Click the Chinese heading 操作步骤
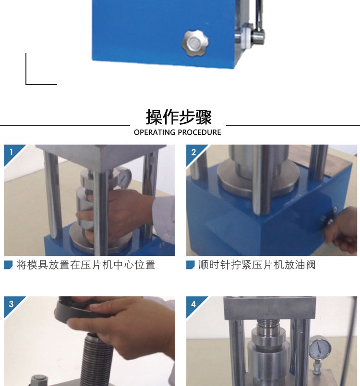click(179, 117)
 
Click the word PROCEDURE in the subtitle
click(199, 132)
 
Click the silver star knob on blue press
click(195, 43)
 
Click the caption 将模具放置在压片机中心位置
click(86, 265)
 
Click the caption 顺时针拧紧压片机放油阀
click(257, 265)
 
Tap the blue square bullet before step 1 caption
click(8, 265)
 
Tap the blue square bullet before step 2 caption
click(191, 265)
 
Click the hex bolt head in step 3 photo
click(39, 380)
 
